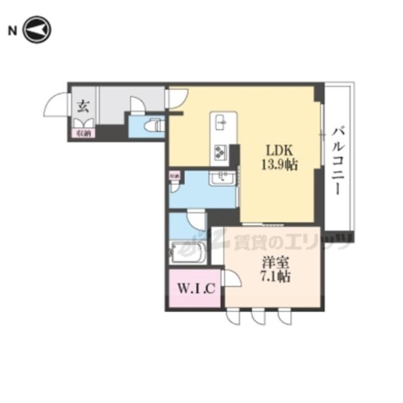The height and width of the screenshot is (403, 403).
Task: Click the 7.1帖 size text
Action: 274,276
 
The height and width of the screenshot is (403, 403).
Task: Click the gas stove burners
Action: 219,152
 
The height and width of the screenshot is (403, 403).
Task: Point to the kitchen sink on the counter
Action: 222,121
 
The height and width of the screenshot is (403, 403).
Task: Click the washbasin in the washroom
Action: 223,179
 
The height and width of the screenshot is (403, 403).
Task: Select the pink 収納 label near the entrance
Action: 82,133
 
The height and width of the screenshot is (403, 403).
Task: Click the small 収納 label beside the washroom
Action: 175,176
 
